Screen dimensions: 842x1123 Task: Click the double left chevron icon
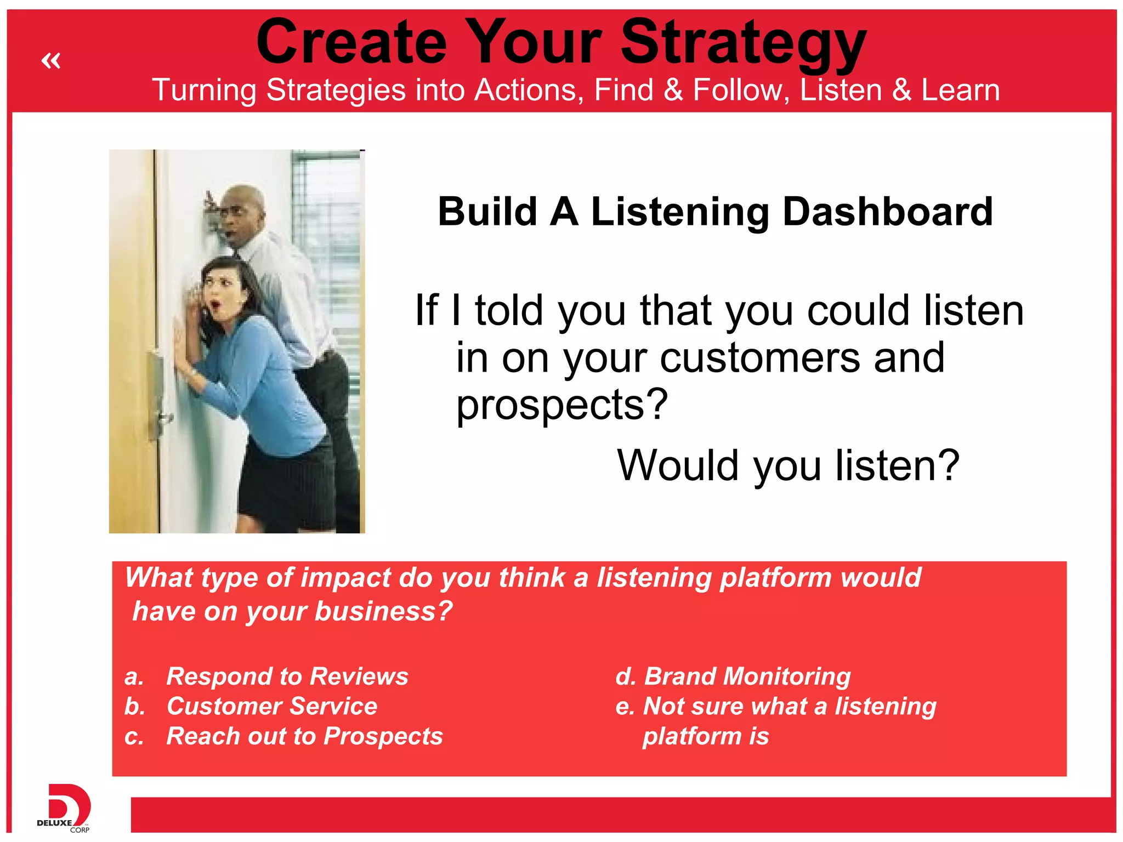tap(51, 60)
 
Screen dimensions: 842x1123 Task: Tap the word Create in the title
tap(351, 43)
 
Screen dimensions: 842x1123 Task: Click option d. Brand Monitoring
tap(733, 676)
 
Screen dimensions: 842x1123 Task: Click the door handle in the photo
tap(164, 419)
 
